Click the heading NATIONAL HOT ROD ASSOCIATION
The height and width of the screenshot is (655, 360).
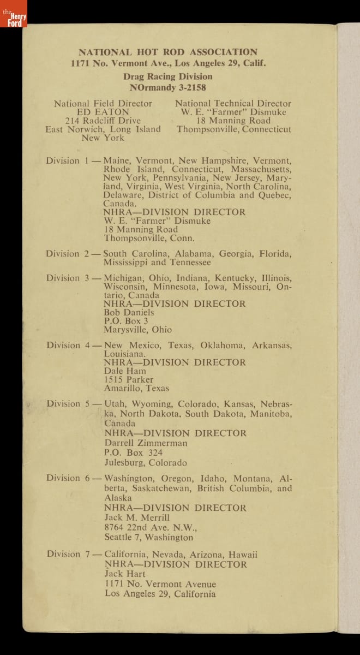click(x=168, y=52)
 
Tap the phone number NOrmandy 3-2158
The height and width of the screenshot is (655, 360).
click(x=168, y=87)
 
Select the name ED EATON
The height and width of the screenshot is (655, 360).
click(x=103, y=112)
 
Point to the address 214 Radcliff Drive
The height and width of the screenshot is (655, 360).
click(x=103, y=121)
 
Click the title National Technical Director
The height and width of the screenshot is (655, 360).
click(x=233, y=103)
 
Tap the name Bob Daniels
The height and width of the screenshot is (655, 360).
click(x=129, y=312)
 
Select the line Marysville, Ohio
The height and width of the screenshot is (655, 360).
click(x=138, y=330)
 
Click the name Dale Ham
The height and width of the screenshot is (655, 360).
click(x=125, y=371)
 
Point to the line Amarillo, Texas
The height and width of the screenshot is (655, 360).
click(x=137, y=388)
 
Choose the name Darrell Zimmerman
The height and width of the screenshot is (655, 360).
click(x=146, y=443)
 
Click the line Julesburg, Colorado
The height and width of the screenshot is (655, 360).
click(x=146, y=463)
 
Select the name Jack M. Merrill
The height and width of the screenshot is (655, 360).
click(x=137, y=517)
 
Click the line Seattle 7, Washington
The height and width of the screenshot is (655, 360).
click(x=149, y=537)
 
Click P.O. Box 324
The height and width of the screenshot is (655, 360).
click(x=134, y=452)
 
